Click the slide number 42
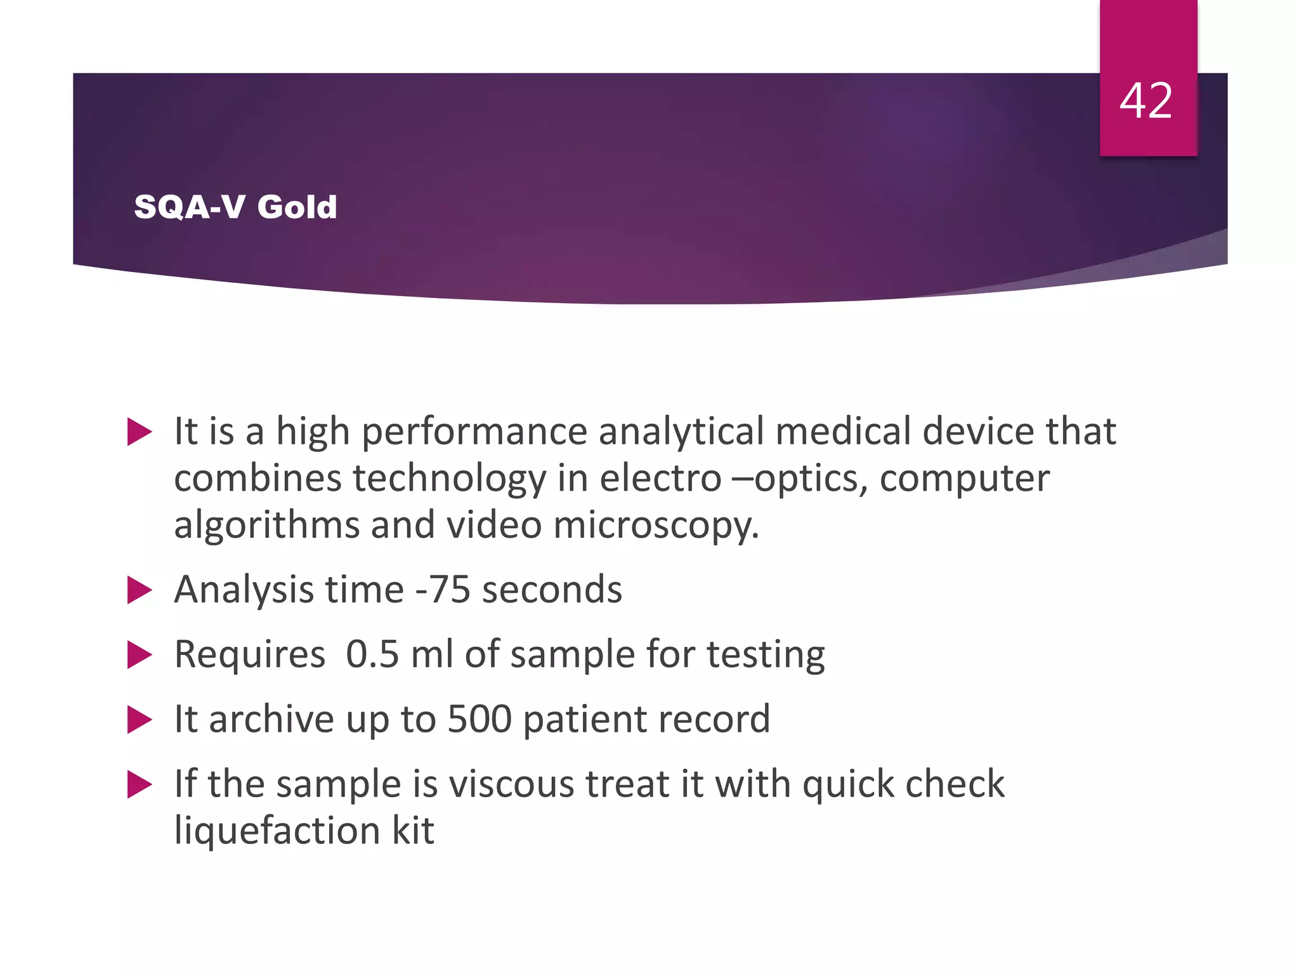(1146, 101)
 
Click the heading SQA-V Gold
(235, 207)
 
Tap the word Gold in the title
(297, 207)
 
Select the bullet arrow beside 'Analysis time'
(140, 590)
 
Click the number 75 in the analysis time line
(450, 590)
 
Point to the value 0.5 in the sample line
(372, 654)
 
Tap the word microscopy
(656, 526)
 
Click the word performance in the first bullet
(474, 432)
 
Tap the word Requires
(249, 654)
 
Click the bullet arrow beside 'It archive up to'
(140, 720)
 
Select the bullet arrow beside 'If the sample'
(140, 784)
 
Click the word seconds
(552, 590)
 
